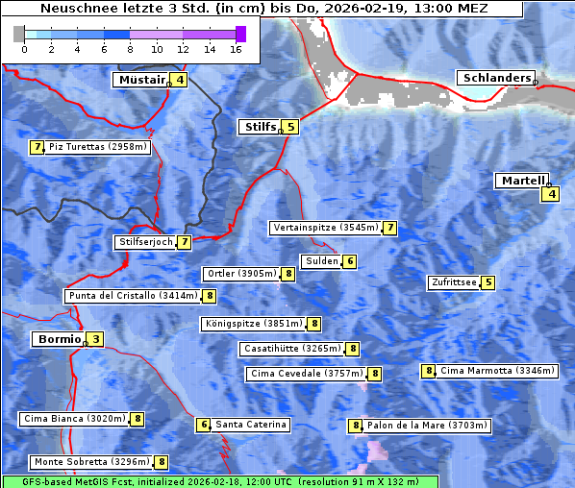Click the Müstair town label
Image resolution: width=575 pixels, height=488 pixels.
pyautogui.click(x=140, y=80)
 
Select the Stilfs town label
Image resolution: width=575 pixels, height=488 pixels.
pyautogui.click(x=259, y=126)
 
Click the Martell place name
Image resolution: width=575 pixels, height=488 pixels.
pyautogui.click(x=521, y=181)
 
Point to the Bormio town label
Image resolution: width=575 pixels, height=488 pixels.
pyautogui.click(x=58, y=339)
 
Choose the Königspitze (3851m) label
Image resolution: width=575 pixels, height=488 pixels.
pyautogui.click(x=253, y=324)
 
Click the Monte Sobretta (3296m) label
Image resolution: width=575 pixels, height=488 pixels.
pyautogui.click(x=91, y=462)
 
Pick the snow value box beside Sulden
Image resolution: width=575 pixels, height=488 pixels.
pyautogui.click(x=351, y=261)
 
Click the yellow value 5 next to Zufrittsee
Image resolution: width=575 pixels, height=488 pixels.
pyautogui.click(x=488, y=282)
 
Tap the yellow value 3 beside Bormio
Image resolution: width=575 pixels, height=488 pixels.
pyautogui.click(x=96, y=339)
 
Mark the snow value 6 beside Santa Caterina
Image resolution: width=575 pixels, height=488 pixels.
pyautogui.click(x=203, y=425)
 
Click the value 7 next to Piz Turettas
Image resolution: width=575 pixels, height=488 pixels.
pyautogui.click(x=37, y=147)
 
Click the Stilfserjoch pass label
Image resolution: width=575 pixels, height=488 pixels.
pyautogui.click(x=146, y=242)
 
